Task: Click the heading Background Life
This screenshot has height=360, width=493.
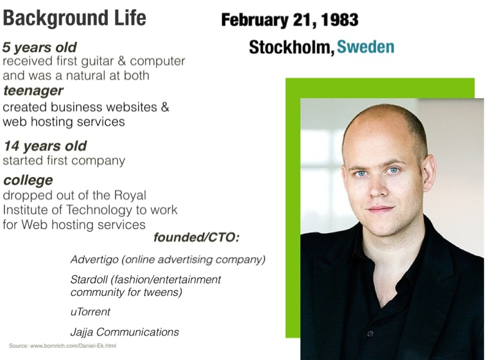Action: tap(74, 18)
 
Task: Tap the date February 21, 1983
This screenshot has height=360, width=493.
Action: tap(290, 20)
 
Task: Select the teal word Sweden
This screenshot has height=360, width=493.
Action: tap(366, 47)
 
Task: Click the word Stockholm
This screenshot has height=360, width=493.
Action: tap(291, 47)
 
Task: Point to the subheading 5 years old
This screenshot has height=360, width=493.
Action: tap(39, 47)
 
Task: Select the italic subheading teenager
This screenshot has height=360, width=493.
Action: tap(33, 91)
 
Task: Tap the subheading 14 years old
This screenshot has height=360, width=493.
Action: tap(45, 146)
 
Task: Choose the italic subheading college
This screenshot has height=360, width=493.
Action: tap(28, 180)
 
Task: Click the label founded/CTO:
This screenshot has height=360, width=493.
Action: tap(196, 237)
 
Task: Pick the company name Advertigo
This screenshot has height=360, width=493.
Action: tap(94, 260)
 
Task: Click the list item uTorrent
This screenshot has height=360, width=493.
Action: tap(91, 312)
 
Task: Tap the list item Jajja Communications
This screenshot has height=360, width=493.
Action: tap(125, 332)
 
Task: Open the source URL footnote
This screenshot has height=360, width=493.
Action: tap(62, 346)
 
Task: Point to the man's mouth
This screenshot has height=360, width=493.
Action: tap(381, 209)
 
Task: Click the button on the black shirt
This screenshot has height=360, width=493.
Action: tap(370, 333)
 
